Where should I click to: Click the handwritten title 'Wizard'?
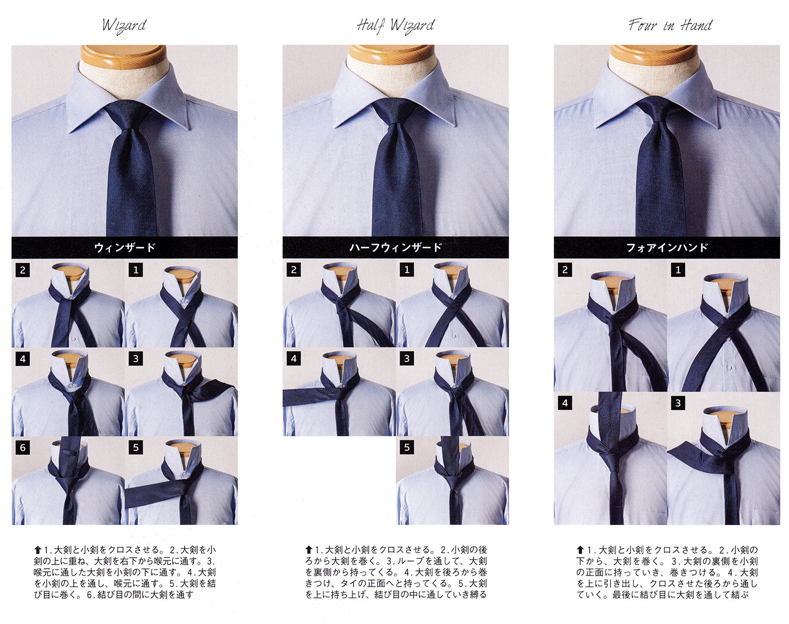tap(124, 26)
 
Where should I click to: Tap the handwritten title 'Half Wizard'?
tap(396, 26)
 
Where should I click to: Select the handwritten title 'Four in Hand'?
tap(670, 25)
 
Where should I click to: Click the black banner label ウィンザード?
tap(125, 248)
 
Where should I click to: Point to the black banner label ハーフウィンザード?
tap(396, 248)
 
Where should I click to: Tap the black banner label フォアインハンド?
tap(666, 248)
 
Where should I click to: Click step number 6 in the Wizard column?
tap(23, 448)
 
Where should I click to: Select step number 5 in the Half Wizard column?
tap(407, 447)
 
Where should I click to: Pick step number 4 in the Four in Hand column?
tap(564, 403)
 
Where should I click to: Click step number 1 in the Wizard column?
tap(136, 270)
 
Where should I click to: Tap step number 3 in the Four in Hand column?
tap(678, 403)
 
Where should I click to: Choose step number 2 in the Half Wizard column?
tap(294, 270)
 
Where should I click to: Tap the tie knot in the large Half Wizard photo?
tap(396, 114)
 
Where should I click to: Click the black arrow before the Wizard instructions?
tap(37, 549)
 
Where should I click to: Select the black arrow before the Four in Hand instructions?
tap(580, 549)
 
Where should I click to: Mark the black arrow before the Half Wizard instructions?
tap(309, 549)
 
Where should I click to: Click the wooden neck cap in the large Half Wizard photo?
tap(391, 55)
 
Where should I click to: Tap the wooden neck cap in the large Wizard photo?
tap(124, 55)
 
